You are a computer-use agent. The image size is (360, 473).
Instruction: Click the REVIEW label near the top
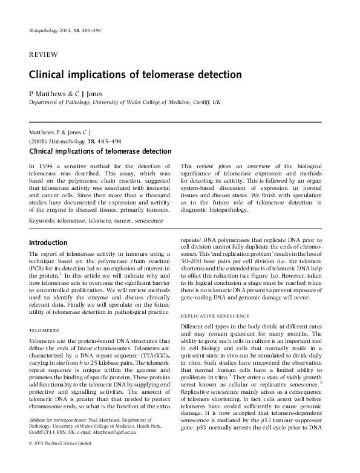(44, 54)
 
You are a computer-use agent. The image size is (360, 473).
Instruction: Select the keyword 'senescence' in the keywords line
(148, 221)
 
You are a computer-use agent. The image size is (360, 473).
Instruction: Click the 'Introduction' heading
(52, 243)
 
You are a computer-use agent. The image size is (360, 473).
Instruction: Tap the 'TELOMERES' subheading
(44, 331)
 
